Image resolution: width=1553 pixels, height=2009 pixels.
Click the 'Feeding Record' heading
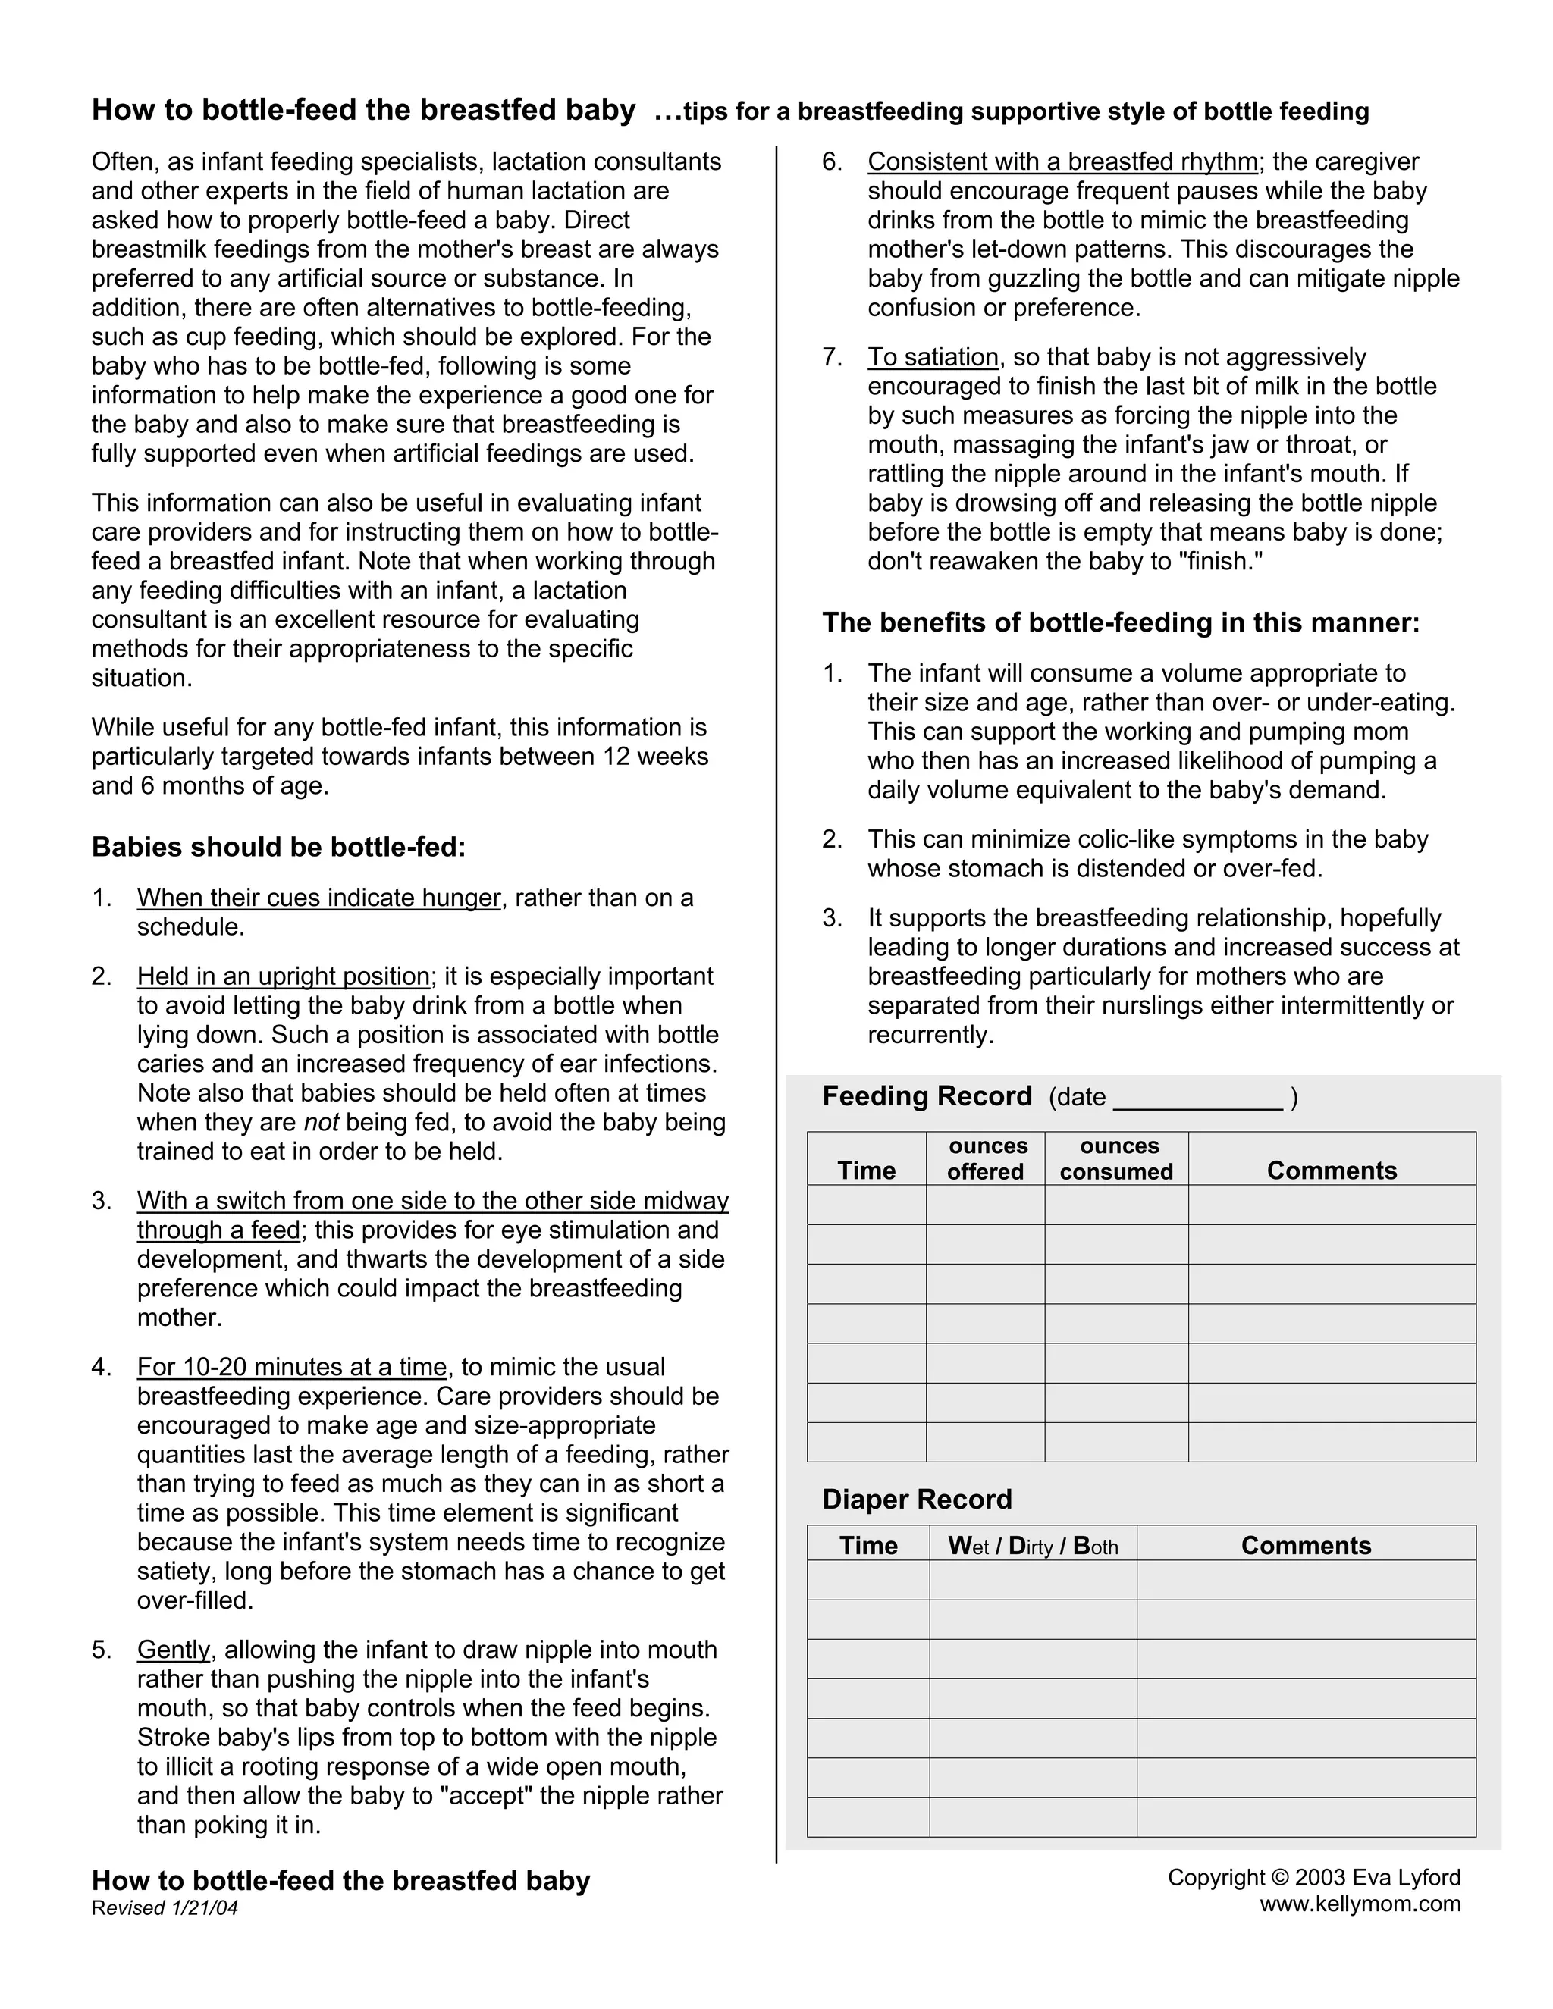click(927, 1095)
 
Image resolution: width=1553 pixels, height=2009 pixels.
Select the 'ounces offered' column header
click(985, 1159)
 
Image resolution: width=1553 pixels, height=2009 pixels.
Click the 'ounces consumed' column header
click(1116, 1159)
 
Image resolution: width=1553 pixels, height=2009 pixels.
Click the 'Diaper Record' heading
click(916, 1500)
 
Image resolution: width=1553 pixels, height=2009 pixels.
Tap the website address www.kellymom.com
click(1360, 1904)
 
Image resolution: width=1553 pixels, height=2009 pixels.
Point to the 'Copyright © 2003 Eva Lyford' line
click(1314, 1877)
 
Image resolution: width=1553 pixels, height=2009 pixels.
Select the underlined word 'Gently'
click(174, 1650)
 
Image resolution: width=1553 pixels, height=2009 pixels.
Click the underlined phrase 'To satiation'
click(933, 357)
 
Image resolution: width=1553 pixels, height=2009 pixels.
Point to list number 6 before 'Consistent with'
click(832, 162)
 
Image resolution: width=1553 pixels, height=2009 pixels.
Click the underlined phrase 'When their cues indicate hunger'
click(318, 898)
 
